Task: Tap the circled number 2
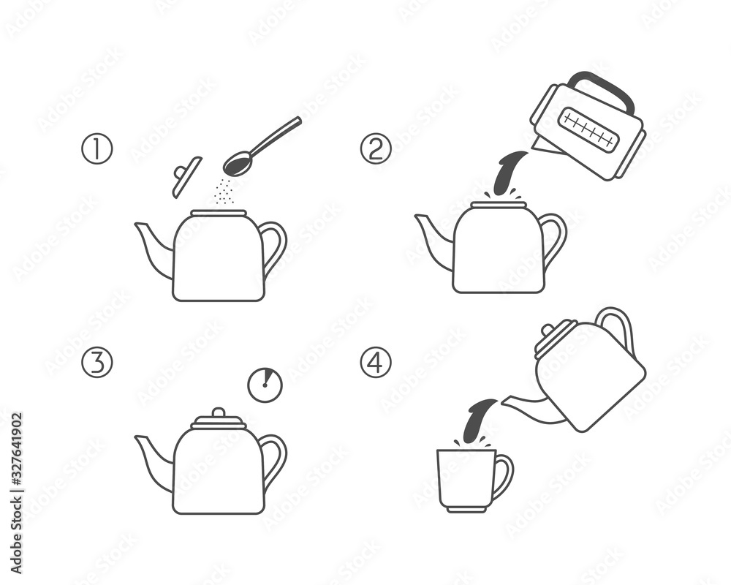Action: [376, 149]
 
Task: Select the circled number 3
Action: [96, 363]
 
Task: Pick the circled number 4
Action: [376, 363]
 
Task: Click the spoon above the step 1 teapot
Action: [260, 147]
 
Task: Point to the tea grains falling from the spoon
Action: [224, 192]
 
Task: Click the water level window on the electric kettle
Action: [588, 129]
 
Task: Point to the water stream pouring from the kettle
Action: [507, 173]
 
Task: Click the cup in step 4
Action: [466, 479]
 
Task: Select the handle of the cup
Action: [503, 476]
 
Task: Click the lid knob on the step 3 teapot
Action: [218, 413]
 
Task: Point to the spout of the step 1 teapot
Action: [153, 249]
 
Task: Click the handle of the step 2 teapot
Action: [554, 238]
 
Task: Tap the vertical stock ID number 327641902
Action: [16, 460]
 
